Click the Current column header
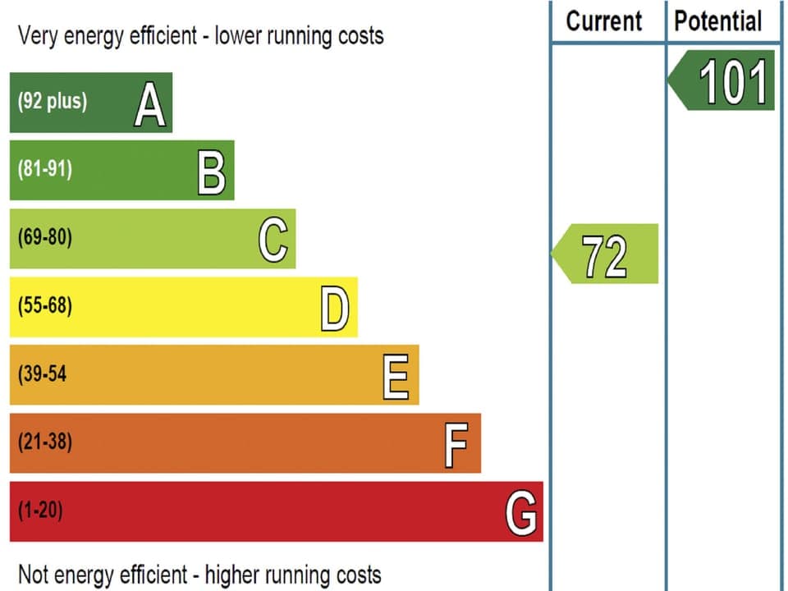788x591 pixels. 604,21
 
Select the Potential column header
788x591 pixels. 718,21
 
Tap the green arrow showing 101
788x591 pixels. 722,80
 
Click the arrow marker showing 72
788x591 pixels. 606,254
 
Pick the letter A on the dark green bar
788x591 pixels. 149,103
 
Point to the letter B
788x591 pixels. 212,172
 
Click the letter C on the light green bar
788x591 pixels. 273,240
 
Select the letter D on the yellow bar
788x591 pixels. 335,308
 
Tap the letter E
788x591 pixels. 396,376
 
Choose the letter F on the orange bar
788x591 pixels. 456,444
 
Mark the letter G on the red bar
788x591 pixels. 521,512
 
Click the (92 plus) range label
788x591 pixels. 53,103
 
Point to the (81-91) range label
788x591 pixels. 45,170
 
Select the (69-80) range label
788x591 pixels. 45,238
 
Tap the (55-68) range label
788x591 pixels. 45,306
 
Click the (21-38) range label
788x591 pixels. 45,442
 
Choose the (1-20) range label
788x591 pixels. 40,511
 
